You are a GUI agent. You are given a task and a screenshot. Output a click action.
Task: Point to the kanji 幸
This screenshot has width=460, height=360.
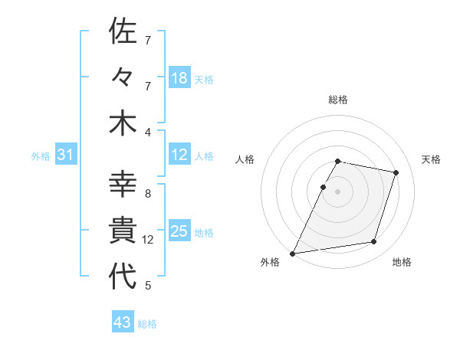(x=123, y=185)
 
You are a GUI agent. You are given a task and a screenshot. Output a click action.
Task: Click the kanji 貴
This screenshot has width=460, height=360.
(x=123, y=230)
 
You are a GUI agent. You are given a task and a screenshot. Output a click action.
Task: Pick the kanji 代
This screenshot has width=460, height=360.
(x=123, y=276)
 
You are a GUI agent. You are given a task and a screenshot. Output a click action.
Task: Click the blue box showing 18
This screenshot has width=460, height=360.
(x=179, y=78)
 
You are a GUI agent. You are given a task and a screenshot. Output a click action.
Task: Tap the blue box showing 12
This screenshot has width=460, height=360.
(x=179, y=155)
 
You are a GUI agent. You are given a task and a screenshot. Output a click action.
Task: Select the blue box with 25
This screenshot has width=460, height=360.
(x=179, y=231)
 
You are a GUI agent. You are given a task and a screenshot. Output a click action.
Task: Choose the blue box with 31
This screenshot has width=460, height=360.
(x=66, y=155)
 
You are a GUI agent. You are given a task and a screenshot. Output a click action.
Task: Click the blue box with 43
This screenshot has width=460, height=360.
(x=123, y=322)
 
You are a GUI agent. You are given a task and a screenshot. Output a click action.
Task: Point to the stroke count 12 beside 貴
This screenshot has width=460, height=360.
(x=148, y=240)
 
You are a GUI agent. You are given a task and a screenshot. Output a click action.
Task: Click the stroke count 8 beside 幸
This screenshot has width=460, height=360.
(x=148, y=194)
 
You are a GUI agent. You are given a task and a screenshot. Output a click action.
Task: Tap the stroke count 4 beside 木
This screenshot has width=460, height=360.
(x=148, y=133)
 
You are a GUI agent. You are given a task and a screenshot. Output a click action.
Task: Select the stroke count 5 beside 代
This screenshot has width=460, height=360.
(x=148, y=286)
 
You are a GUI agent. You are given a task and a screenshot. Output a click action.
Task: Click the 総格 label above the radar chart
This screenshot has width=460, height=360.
(x=338, y=100)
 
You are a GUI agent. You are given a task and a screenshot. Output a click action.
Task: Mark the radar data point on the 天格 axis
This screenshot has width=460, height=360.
(x=396, y=172)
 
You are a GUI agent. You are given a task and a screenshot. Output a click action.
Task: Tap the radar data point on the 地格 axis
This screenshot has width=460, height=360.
(x=374, y=242)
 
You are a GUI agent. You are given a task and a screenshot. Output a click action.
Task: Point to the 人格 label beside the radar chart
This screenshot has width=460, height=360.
(x=245, y=159)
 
